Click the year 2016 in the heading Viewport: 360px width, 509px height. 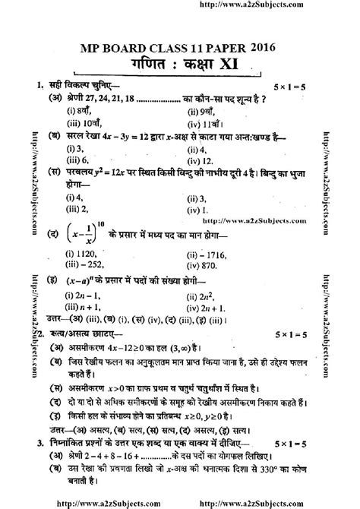point(262,47)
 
